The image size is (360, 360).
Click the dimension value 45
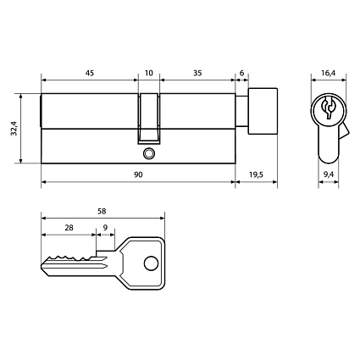(x=88, y=74)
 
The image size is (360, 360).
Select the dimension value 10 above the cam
(x=149, y=74)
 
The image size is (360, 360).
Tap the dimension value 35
(x=197, y=74)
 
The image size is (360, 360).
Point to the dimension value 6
(x=242, y=74)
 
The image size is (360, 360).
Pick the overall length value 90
(x=137, y=174)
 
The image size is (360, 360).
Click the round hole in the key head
(x=151, y=263)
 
